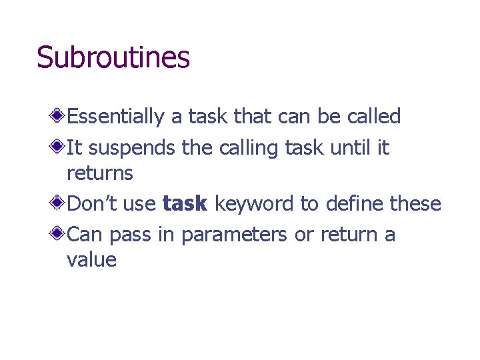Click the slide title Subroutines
(113, 58)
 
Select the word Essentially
(115, 117)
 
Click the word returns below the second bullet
(100, 174)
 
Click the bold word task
(185, 203)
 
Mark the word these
(415, 203)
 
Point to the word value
(91, 259)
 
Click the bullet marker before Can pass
(59, 233)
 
